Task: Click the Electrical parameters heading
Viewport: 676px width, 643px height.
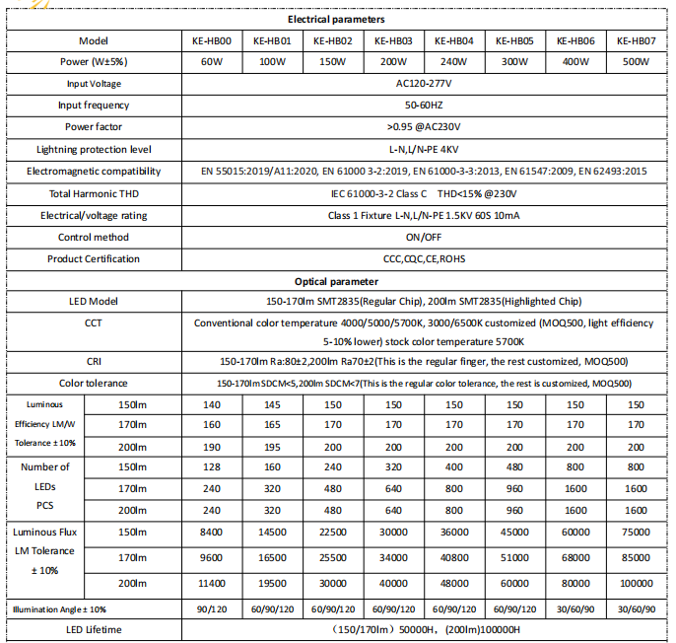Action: tap(336, 19)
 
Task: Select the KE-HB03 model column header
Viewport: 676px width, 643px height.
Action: tap(393, 40)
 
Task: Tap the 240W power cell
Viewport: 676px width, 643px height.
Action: tap(453, 62)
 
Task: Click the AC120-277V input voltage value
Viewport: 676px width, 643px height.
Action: tap(423, 84)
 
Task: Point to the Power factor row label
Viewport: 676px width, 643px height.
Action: tap(94, 127)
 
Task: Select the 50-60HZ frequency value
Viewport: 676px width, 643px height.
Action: tap(423, 106)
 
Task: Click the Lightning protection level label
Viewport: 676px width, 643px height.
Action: tap(94, 149)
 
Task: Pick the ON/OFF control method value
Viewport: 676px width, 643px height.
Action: tap(423, 237)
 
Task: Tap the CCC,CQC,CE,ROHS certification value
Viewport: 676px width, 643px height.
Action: tap(423, 258)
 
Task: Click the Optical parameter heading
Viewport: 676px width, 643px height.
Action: tap(336, 281)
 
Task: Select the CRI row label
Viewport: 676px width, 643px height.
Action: tap(94, 361)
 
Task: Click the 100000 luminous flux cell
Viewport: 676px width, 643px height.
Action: tap(636, 583)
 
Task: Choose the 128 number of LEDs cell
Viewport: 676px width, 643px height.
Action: tap(211, 466)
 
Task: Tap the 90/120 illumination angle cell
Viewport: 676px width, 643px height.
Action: tap(211, 609)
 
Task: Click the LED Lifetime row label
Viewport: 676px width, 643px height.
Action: tap(94, 629)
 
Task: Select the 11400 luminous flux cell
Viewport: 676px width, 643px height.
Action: tap(211, 583)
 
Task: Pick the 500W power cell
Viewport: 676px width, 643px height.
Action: tap(636, 62)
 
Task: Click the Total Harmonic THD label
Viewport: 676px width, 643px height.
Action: tap(94, 193)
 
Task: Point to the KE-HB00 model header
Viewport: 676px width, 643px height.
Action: tap(211, 40)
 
